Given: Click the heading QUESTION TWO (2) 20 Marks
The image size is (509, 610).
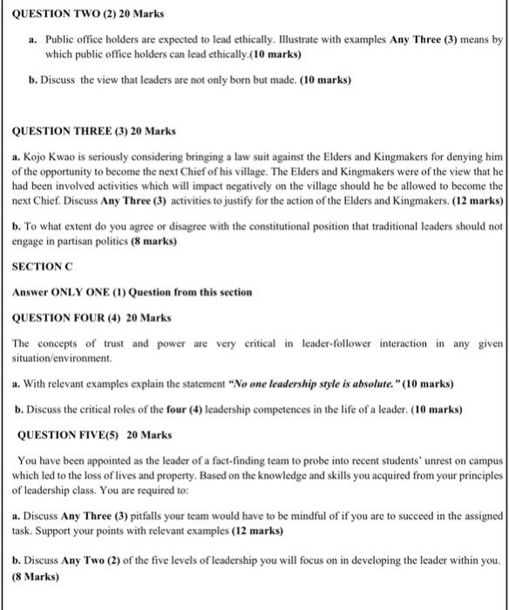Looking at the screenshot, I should pos(72,16).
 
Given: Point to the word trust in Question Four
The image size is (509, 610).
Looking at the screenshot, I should pos(96,343).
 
